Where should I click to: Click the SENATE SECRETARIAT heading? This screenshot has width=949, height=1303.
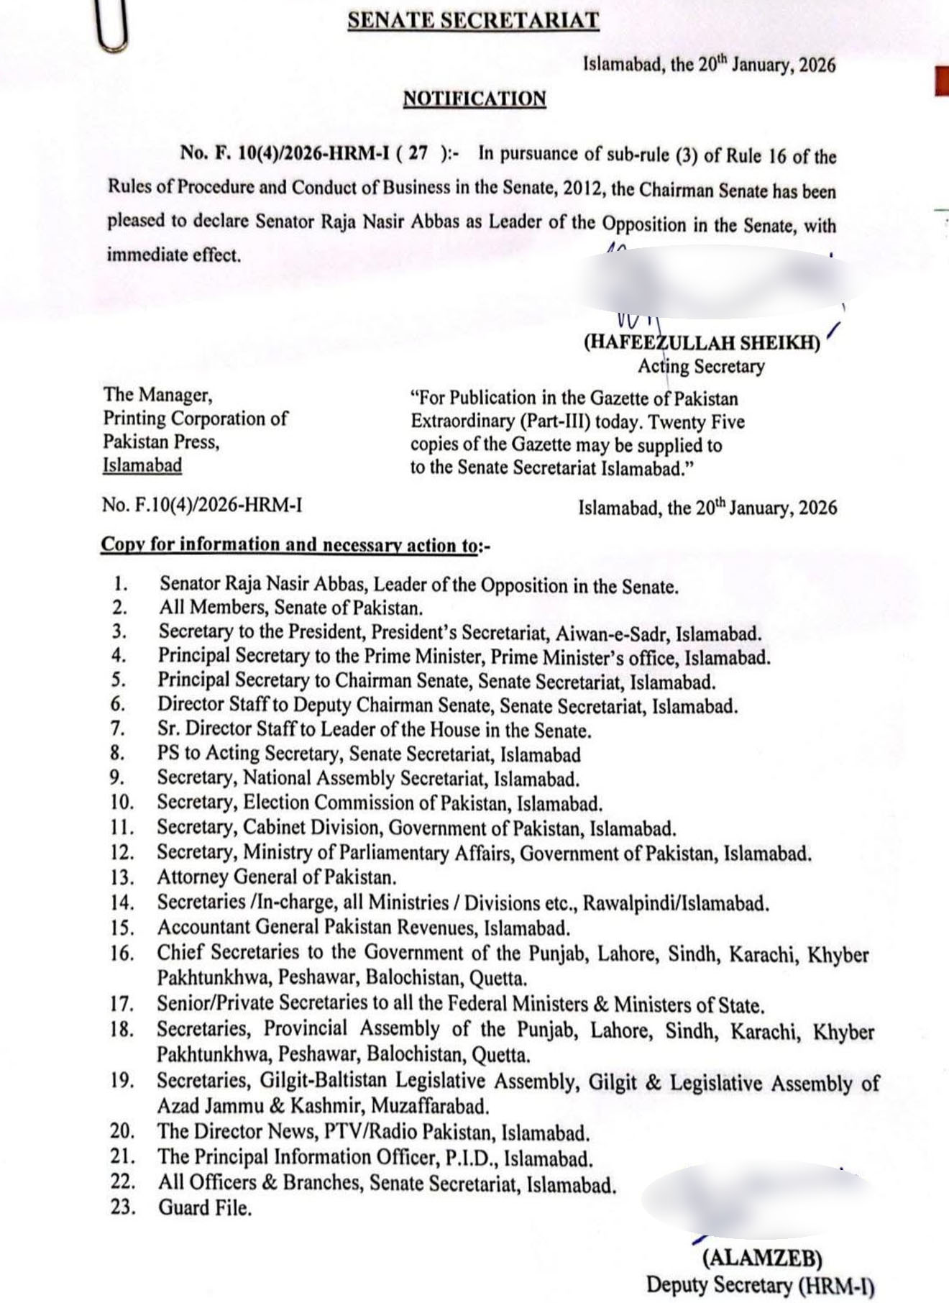(473, 21)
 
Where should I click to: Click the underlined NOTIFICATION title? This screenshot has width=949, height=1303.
(475, 99)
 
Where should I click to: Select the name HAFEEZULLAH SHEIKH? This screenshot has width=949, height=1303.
(702, 343)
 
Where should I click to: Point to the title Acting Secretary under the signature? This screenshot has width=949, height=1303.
(701, 367)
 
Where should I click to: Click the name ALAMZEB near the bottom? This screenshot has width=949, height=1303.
(762, 1258)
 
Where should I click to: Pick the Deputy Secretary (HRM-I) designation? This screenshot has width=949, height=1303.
(761, 1284)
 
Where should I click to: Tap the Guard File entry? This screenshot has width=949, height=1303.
(205, 1207)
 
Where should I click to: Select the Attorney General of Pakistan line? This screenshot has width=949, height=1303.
(277, 878)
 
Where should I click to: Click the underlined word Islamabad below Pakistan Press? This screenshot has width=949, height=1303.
(142, 465)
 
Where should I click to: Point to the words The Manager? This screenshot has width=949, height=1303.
(157, 394)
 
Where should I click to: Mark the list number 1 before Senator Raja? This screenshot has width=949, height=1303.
(120, 585)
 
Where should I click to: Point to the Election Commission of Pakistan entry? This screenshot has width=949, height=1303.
(380, 803)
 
